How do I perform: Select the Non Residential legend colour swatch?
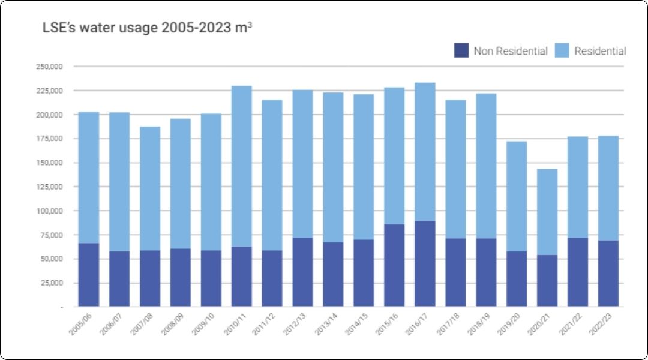tap(461, 51)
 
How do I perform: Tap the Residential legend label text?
tap(599, 51)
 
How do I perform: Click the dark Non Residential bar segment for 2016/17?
tap(425, 264)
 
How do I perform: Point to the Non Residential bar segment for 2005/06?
tap(89, 275)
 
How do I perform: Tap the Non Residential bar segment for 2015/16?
tap(394, 266)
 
